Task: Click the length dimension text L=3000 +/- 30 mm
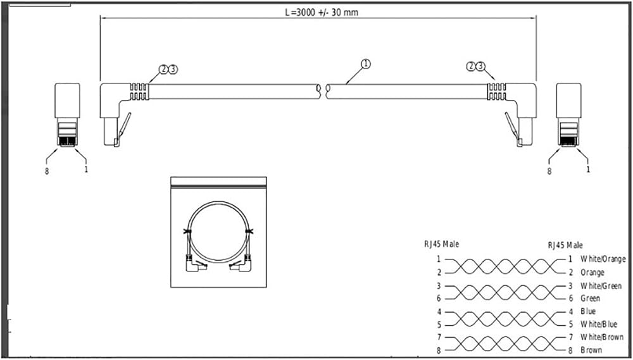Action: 322,13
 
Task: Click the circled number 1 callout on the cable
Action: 365,64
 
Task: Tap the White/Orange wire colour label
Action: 603,259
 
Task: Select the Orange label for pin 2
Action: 592,273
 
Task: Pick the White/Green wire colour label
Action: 601,286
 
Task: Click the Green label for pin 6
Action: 590,298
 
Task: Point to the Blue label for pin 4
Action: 588,311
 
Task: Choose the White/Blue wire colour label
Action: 599,324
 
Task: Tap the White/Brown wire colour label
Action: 602,337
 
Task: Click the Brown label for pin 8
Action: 591,350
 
